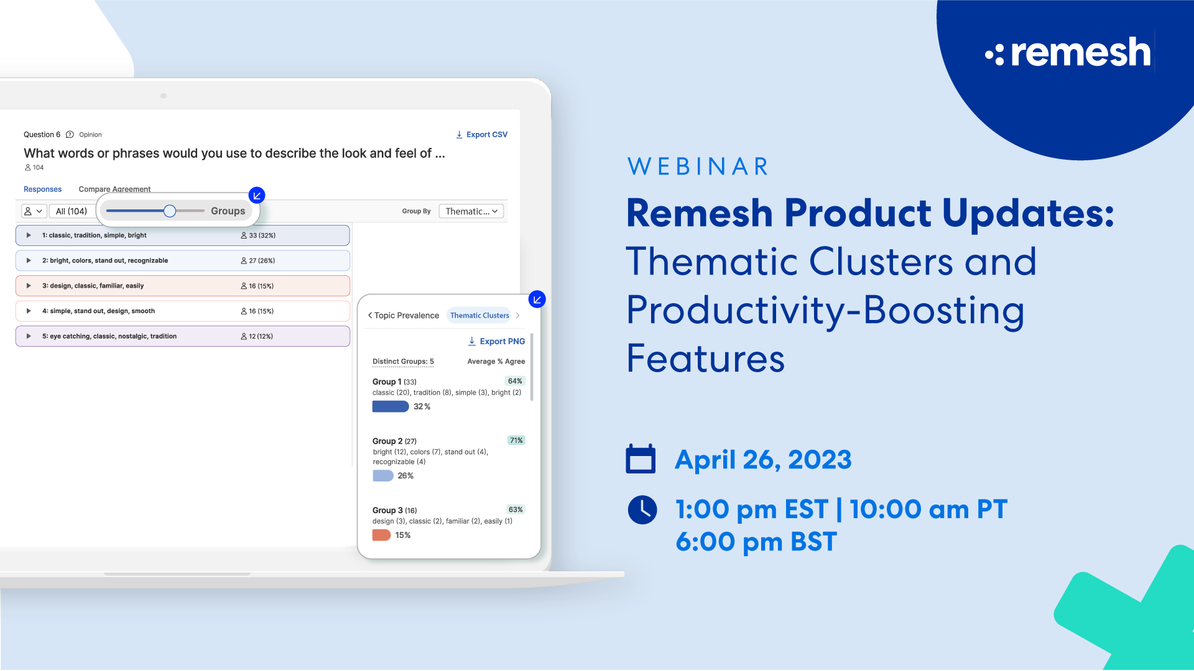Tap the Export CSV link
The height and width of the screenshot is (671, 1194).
coord(482,135)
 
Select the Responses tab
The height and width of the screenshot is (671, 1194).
coord(42,189)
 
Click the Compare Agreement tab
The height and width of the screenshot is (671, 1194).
coord(114,189)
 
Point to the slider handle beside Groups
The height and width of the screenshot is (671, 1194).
coord(170,211)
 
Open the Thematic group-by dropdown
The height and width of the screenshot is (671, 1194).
coord(471,211)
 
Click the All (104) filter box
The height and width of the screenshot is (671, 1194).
coord(72,211)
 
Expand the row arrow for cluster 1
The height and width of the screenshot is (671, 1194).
coord(29,235)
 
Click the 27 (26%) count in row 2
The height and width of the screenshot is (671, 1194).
coord(258,261)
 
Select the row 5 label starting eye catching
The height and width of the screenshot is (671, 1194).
coord(109,337)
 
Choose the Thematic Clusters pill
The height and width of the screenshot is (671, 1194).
coord(479,316)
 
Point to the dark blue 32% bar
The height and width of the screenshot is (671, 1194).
coord(390,407)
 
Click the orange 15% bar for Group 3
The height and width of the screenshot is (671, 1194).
coord(381,536)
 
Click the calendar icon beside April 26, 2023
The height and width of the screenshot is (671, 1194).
coord(641,459)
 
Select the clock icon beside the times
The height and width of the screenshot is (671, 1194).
coord(642,510)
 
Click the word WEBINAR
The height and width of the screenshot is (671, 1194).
coord(698,167)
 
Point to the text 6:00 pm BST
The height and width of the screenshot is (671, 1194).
coord(756,542)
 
